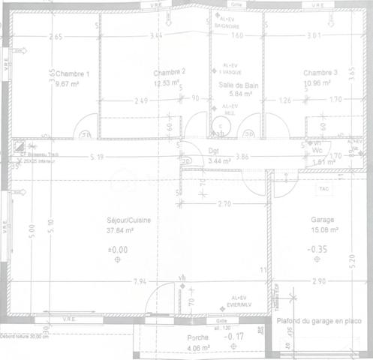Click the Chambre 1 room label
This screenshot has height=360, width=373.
tap(72, 73)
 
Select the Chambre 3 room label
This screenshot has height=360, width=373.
tap(320, 72)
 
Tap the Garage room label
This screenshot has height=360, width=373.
tap(323, 220)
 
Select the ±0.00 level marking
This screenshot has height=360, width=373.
tap(118, 248)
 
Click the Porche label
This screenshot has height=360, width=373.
tap(199, 338)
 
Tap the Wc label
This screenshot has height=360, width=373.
tap(317, 151)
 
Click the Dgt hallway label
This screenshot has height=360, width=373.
tap(215, 151)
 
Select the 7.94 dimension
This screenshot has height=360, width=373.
tap(140, 282)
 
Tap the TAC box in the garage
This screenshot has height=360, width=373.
tap(325, 189)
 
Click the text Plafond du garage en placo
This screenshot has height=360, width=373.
tap(319, 321)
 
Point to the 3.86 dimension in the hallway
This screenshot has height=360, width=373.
tap(242, 157)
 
